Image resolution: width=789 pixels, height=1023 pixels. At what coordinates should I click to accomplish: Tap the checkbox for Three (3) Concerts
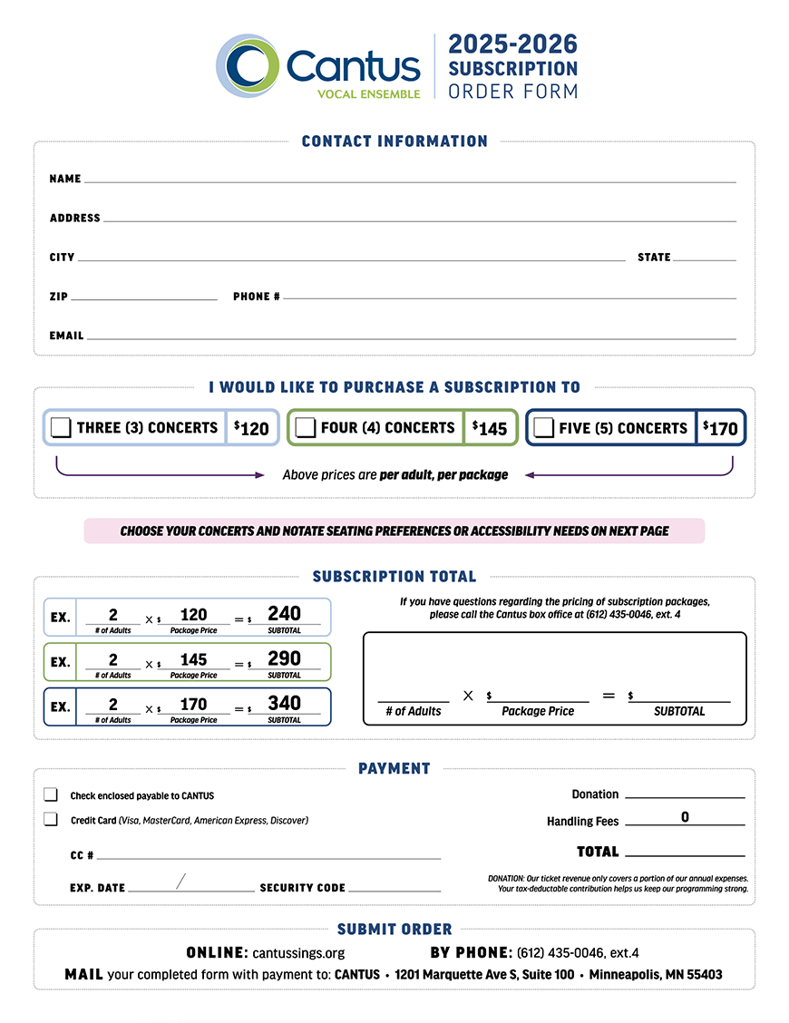62,428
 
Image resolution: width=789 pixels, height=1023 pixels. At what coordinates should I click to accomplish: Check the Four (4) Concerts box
306,428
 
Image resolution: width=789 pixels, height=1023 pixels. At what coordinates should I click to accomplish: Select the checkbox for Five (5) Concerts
544,428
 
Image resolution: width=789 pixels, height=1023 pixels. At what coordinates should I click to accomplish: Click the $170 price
721,428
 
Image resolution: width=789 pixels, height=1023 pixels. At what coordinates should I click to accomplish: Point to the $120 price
251,428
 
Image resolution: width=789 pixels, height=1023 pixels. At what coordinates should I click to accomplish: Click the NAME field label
65,180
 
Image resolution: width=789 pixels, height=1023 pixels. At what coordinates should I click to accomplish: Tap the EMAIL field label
66,336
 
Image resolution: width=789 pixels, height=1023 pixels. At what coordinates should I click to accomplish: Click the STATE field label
654,258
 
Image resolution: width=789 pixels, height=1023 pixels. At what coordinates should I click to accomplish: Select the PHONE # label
257,297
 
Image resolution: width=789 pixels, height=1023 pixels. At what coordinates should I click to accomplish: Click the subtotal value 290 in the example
285,659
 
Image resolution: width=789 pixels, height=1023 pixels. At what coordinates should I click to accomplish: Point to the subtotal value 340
285,704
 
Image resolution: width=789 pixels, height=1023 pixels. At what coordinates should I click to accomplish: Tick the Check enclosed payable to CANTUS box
51,795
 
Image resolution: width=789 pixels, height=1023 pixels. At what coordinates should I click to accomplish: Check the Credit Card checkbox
51,820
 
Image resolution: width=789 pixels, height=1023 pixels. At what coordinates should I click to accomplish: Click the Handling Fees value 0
685,817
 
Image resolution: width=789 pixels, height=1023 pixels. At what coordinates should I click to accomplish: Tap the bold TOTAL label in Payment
598,852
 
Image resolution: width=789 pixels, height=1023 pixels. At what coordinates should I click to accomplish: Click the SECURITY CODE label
302,888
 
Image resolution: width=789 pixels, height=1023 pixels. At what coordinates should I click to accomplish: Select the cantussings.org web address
298,953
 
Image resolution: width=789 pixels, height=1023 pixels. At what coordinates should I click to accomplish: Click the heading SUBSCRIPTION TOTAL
394,577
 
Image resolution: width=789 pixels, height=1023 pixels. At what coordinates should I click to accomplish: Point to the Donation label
595,794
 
